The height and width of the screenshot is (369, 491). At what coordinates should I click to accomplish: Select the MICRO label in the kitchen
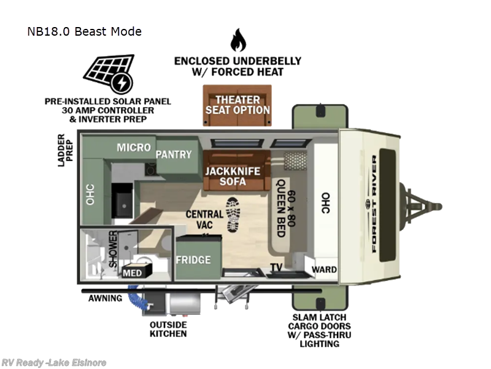(134, 148)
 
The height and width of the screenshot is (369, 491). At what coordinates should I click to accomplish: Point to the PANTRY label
(174, 154)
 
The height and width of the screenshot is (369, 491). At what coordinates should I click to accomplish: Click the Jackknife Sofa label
(233, 176)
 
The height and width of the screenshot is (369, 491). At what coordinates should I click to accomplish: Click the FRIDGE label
(193, 260)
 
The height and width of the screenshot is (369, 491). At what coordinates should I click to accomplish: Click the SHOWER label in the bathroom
(113, 249)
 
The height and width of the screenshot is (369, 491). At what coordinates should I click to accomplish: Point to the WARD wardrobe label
(323, 269)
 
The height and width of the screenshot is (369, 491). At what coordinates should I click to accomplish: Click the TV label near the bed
(277, 267)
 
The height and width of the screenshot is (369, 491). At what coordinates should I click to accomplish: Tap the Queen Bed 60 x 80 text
(287, 207)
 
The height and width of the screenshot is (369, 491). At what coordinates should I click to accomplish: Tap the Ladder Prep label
(65, 148)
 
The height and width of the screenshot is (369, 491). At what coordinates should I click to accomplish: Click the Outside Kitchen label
(168, 329)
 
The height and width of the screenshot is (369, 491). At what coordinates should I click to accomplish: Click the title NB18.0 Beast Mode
(84, 31)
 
